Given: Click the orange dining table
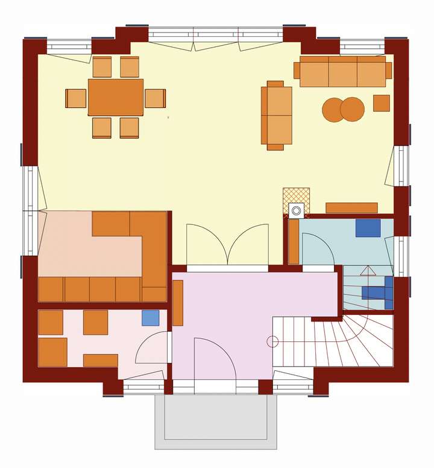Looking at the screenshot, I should coord(116,96).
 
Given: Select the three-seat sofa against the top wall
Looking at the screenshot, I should coord(342,72).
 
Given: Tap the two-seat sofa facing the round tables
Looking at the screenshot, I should coord(276,115).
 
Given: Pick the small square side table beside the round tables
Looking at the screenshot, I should coord(381,103).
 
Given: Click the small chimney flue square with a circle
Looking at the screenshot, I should coord(296,210).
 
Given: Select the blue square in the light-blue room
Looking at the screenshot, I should coord(368,228).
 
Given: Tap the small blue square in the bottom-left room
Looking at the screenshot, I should coord(151,318).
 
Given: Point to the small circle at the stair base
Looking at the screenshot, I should coord(272,342).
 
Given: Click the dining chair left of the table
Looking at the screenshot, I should coord(76,98).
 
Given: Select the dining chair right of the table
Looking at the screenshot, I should coord(155,98).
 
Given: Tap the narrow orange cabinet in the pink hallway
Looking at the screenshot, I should coord(177,303).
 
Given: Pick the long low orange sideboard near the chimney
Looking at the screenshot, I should coord(351,207).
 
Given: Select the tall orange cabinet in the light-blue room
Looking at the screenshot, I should coord(294,241).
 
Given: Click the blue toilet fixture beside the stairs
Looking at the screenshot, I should coord(376,291).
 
